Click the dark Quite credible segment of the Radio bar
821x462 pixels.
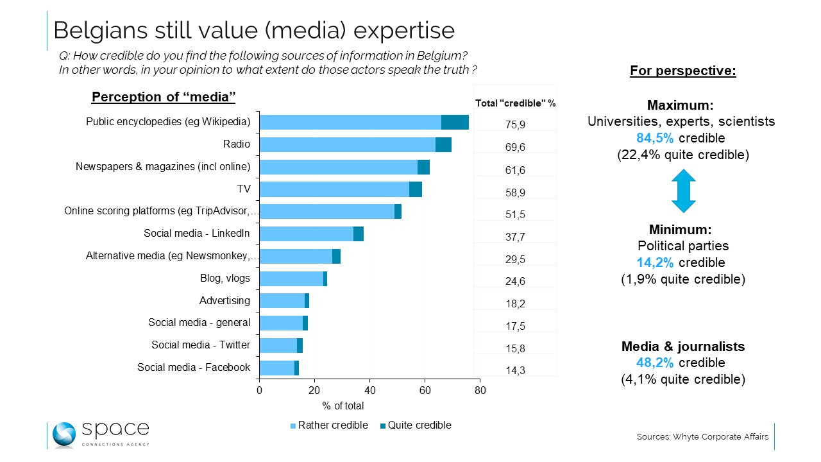[x=443, y=144]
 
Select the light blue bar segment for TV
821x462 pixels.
[x=334, y=189]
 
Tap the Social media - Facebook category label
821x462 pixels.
[x=194, y=367]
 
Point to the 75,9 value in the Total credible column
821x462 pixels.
[x=515, y=125]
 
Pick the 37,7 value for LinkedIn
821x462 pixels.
[x=515, y=237]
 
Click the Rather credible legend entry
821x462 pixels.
[x=330, y=425]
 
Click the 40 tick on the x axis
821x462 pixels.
[x=369, y=389]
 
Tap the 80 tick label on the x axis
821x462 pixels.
[x=479, y=389]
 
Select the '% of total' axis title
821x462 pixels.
[x=343, y=406]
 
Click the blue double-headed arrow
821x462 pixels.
[x=683, y=191]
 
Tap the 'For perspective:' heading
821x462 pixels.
[x=683, y=71]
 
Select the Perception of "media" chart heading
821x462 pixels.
[x=164, y=97]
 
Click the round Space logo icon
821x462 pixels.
[x=65, y=434]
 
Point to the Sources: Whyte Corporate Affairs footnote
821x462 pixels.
[x=702, y=437]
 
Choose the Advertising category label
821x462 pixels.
[x=224, y=300]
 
